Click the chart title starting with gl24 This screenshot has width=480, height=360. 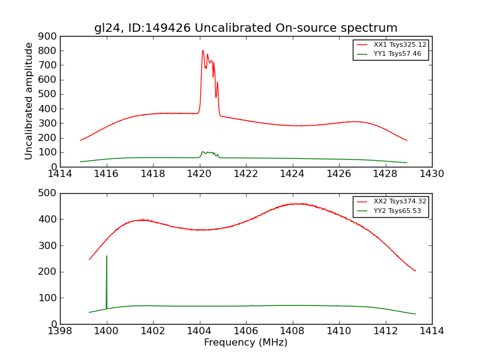coord(245,28)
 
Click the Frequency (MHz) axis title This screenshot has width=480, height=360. coord(245,343)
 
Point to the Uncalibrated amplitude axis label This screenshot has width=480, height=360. coord(29,101)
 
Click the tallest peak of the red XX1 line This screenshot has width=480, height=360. coord(203,51)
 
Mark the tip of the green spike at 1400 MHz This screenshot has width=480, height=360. coord(107,256)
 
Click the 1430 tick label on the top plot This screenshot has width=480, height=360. coord(431,174)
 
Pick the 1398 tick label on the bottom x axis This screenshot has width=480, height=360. coord(60,331)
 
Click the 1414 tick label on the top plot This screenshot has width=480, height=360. coord(60,174)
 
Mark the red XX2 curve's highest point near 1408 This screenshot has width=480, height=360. coord(298,204)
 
